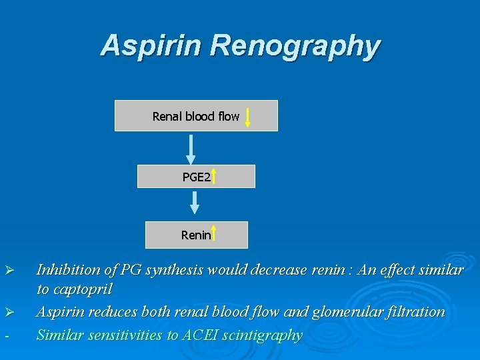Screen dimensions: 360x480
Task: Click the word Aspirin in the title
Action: [151, 46]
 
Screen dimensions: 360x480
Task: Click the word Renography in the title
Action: [295, 47]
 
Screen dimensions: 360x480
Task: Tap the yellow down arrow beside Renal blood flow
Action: [247, 117]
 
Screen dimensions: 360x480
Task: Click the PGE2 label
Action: [196, 177]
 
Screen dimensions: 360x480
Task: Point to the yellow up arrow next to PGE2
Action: [214, 176]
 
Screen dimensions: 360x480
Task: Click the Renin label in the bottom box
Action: [195, 235]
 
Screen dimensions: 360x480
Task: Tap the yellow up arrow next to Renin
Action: [214, 235]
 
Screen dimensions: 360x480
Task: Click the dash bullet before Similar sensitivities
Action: [6, 335]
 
